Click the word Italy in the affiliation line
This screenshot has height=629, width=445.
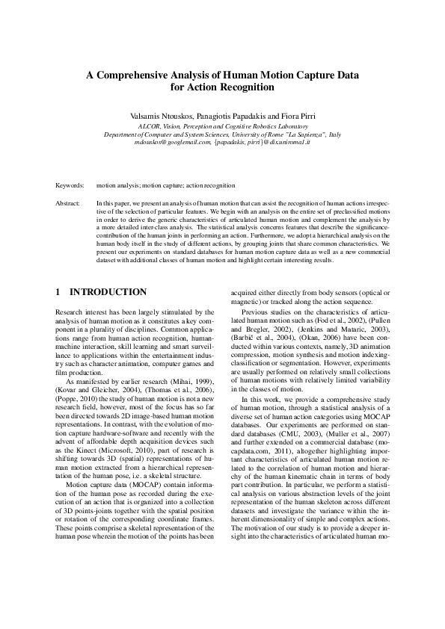point(334,134)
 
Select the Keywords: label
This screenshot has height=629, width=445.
point(70,184)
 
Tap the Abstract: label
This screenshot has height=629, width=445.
point(69,203)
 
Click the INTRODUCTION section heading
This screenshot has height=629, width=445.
point(108,291)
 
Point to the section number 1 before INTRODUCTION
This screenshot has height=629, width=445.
point(59,291)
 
